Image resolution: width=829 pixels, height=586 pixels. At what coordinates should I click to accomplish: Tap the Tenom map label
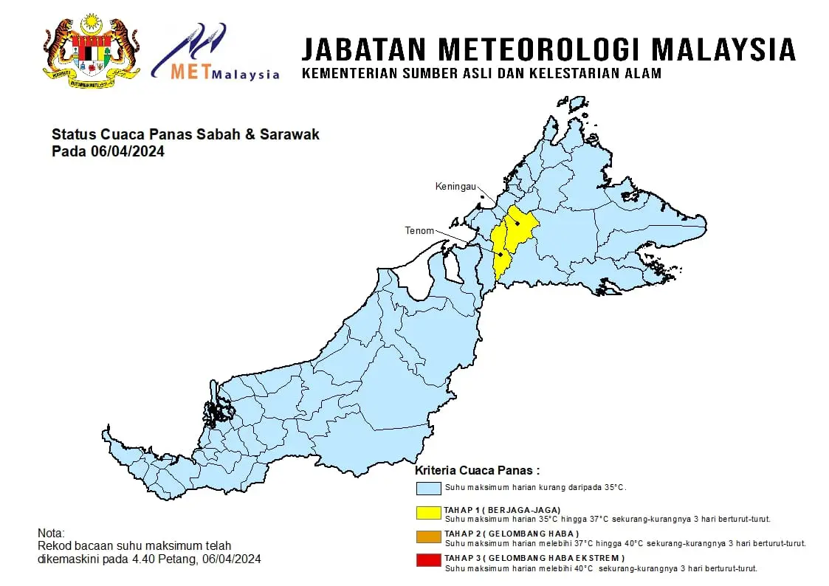coord(419,230)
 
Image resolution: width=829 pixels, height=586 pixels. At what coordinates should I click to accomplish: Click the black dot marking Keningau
coord(517,223)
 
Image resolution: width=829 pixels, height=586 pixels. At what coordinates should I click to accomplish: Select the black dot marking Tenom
coord(501,255)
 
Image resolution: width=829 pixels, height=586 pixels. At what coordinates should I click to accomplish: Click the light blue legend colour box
coord(428,488)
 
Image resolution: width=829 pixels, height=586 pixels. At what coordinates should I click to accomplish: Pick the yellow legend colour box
coord(428,512)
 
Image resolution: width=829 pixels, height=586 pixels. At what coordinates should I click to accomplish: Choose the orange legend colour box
coord(428,537)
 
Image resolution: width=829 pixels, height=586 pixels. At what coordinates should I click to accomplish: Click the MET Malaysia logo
coord(215,53)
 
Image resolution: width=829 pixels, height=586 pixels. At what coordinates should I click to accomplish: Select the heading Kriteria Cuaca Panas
coord(477,470)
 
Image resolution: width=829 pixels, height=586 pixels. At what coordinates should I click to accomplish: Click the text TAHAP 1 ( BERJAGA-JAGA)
coord(502,510)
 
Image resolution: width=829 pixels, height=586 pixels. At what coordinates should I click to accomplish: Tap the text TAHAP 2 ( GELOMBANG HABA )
coord(511,534)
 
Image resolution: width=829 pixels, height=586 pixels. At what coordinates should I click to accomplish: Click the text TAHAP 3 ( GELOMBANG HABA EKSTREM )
coord(533,558)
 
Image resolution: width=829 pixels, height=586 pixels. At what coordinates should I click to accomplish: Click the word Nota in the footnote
coord(51,533)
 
